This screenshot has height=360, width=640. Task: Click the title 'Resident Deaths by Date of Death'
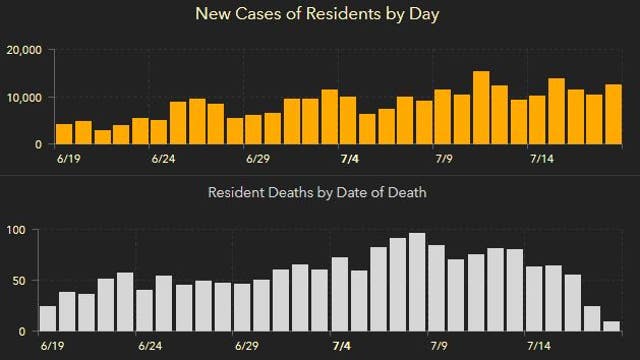click(317, 192)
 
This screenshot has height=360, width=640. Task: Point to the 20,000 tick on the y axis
click(23, 50)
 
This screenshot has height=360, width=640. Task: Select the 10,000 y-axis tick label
click(23, 97)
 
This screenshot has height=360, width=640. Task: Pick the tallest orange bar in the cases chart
click(481, 108)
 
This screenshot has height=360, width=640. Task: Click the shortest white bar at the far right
click(611, 325)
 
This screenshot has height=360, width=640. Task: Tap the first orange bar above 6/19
click(64, 134)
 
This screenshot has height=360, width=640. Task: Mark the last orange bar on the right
click(613, 114)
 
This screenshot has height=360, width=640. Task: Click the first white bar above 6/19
click(47, 318)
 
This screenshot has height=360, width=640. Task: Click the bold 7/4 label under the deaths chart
click(341, 345)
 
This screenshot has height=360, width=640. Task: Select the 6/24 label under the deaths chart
click(149, 345)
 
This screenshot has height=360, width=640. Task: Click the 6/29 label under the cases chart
click(257, 158)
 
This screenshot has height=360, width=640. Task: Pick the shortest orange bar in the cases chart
click(102, 137)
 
